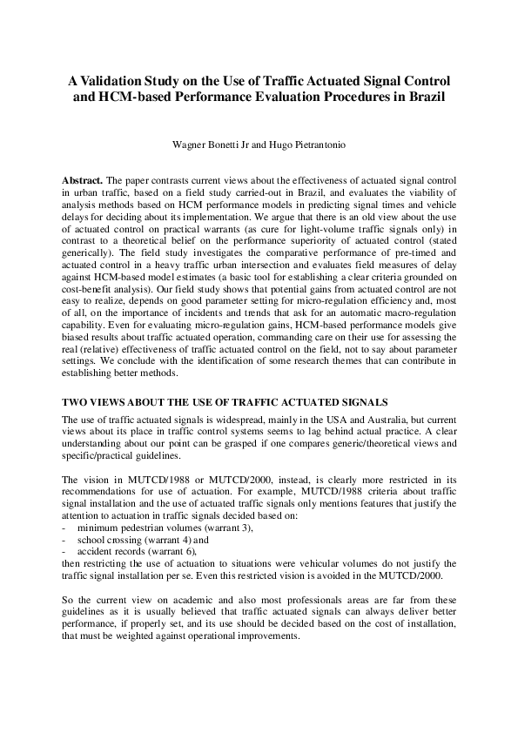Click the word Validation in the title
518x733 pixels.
coord(118,80)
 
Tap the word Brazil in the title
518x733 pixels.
coord(423,97)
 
